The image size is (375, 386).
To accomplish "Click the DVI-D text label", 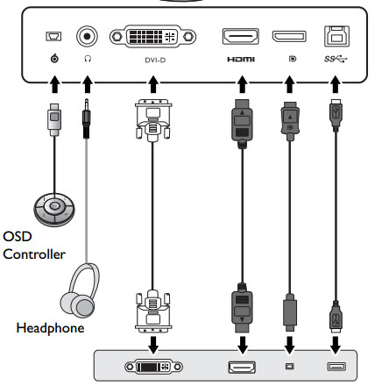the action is pyautogui.click(x=155, y=61).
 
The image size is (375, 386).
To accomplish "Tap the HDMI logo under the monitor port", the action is pyautogui.click(x=241, y=60).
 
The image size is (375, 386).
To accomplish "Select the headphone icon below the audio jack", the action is pyautogui.click(x=88, y=59).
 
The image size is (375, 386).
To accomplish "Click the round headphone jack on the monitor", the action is pyautogui.click(x=87, y=37).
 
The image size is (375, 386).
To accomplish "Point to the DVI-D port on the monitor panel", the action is pyautogui.click(x=152, y=37).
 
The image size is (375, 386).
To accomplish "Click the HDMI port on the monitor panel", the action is pyautogui.click(x=241, y=36).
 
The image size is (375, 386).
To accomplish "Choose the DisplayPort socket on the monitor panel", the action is pyautogui.click(x=289, y=37).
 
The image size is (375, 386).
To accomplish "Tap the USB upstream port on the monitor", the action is pyautogui.click(x=336, y=36).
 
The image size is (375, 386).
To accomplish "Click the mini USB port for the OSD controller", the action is pyautogui.click(x=53, y=36).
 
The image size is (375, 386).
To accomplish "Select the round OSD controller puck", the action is pyautogui.click(x=54, y=210).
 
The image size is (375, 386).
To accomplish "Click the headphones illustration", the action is pyautogui.click(x=80, y=290).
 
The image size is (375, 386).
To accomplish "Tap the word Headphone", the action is pyautogui.click(x=50, y=328).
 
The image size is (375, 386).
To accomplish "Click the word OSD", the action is pyautogui.click(x=18, y=236).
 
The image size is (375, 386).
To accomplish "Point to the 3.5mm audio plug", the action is pyautogui.click(x=86, y=118).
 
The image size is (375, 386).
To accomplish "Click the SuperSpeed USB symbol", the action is pyautogui.click(x=336, y=59).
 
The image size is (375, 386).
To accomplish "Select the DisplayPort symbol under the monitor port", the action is pyautogui.click(x=293, y=59).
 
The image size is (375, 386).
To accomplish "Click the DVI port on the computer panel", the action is pyautogui.click(x=153, y=367).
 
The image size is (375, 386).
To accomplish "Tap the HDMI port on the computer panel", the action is pyautogui.click(x=242, y=368).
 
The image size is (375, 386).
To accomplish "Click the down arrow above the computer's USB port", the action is pyautogui.click(x=336, y=345).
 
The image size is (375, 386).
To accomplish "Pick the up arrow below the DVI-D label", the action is pyautogui.click(x=153, y=84).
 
